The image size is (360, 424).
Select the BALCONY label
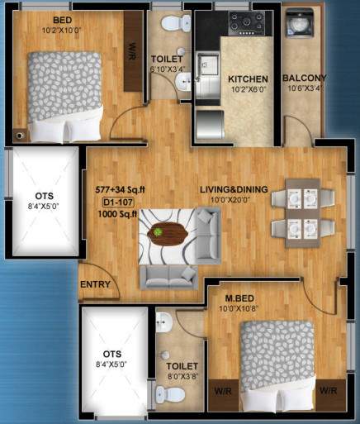tap(305, 79)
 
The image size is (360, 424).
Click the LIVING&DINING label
tap(234, 190)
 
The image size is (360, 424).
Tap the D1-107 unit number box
tap(119, 202)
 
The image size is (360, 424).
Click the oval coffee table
tap(168, 236)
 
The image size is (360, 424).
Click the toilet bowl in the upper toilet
tap(170, 26)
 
